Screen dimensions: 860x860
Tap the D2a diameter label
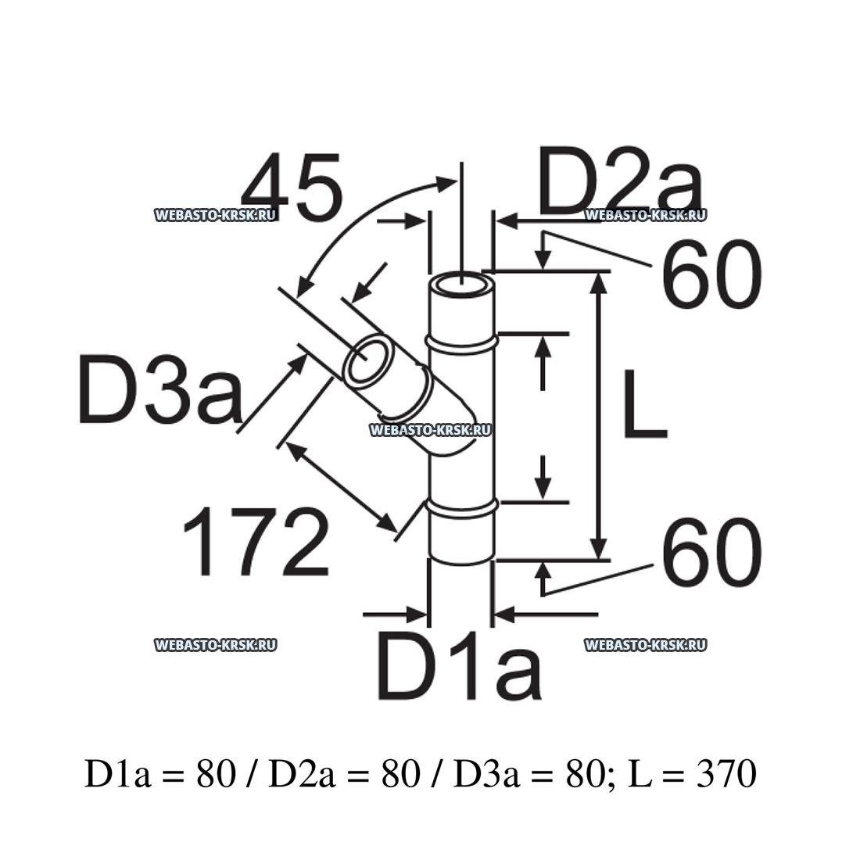(621, 185)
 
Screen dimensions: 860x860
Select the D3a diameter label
(160, 389)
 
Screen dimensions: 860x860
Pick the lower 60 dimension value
(711, 554)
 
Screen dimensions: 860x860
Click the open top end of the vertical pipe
(462, 284)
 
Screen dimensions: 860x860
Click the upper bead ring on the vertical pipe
(462, 342)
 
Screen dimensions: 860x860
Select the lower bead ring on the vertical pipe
(462, 507)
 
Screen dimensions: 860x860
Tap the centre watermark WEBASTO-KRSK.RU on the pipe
(429, 429)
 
